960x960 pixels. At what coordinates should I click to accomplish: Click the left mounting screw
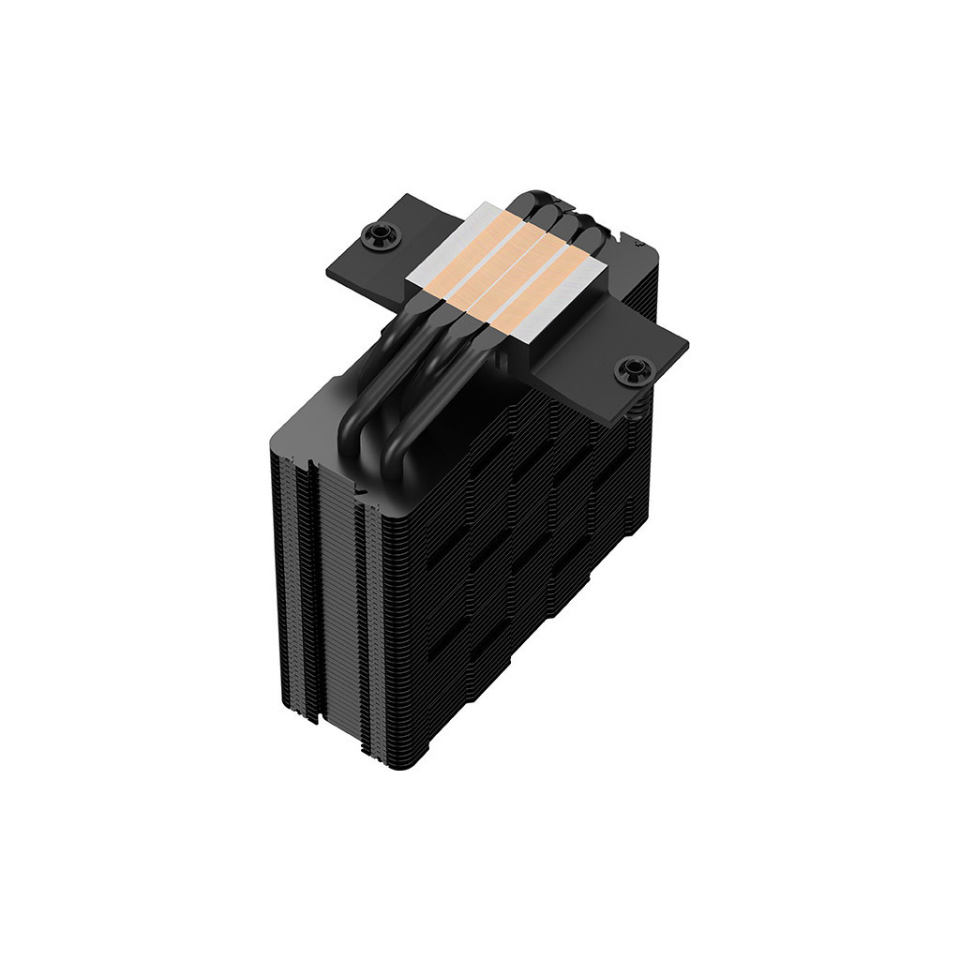click(382, 234)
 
